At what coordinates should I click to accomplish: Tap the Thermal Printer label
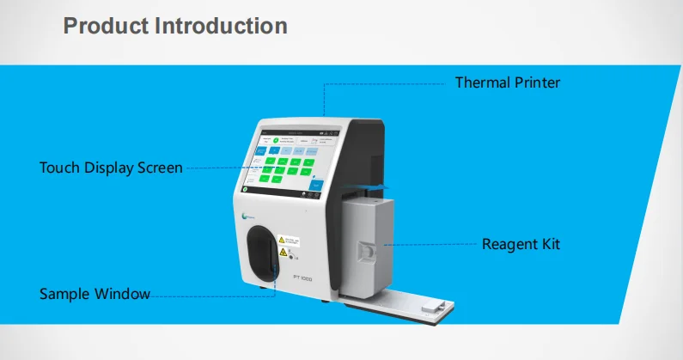pos(507,83)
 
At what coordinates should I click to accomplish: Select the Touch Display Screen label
pos(111,168)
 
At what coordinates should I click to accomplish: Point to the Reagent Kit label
pos(521,244)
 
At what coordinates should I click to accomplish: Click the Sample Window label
pos(95,294)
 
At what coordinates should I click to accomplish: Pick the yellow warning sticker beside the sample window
pos(291,242)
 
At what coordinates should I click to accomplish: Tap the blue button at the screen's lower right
pos(316,185)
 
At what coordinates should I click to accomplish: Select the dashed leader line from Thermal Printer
pos(387,83)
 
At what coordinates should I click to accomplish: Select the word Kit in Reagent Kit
pos(547,244)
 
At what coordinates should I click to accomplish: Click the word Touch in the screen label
pos(58,168)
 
